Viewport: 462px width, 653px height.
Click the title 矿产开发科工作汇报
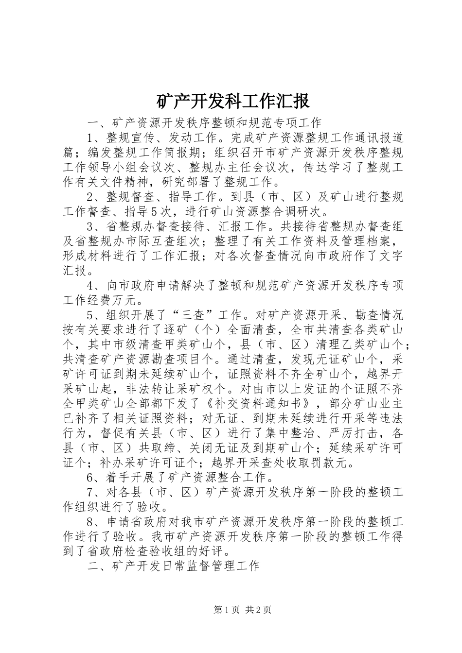[x=232, y=101]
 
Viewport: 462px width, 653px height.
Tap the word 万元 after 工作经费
[x=124, y=300]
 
